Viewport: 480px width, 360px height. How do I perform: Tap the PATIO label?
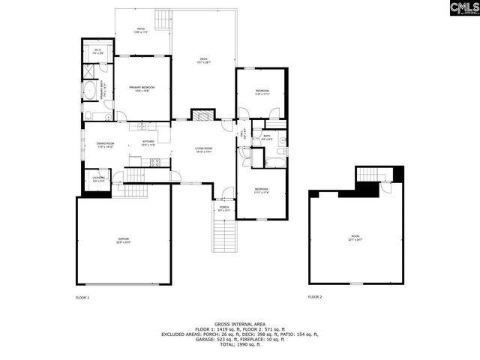(x=140, y=31)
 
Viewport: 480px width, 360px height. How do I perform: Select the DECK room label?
(x=203, y=61)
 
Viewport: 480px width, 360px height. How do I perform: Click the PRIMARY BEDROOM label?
(x=142, y=89)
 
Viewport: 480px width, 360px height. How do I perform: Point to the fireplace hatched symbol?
(x=202, y=115)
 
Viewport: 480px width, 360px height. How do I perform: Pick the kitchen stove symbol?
(x=155, y=162)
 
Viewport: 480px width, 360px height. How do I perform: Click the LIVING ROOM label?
(x=204, y=149)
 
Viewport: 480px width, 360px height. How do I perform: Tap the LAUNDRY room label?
(x=98, y=179)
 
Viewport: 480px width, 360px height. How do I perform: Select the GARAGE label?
(x=123, y=240)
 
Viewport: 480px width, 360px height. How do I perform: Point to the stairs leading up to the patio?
(x=163, y=19)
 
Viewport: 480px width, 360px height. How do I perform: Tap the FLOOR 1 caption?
(x=82, y=298)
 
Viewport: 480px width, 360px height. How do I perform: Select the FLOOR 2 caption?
(x=315, y=298)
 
